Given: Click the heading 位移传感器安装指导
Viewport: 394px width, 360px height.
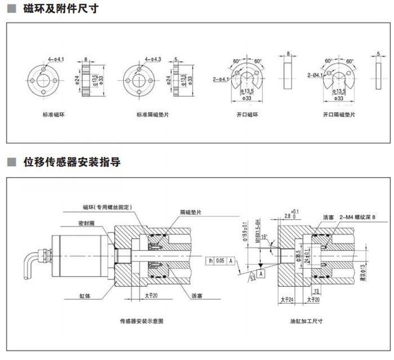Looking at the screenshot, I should (x=73, y=162).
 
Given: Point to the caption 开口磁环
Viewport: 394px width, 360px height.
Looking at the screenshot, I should (x=247, y=115).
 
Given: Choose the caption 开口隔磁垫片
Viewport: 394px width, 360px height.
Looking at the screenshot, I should (x=339, y=115).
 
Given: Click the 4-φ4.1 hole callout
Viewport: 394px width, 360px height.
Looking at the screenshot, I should (x=56, y=59).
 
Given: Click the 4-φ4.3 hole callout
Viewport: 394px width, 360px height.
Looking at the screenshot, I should (x=153, y=59).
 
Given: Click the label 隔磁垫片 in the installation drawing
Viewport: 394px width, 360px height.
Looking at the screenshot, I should (x=191, y=213).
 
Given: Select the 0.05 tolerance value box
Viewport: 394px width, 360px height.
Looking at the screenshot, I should (x=220, y=261).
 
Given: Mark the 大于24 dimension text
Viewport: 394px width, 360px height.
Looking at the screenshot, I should (x=286, y=299).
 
